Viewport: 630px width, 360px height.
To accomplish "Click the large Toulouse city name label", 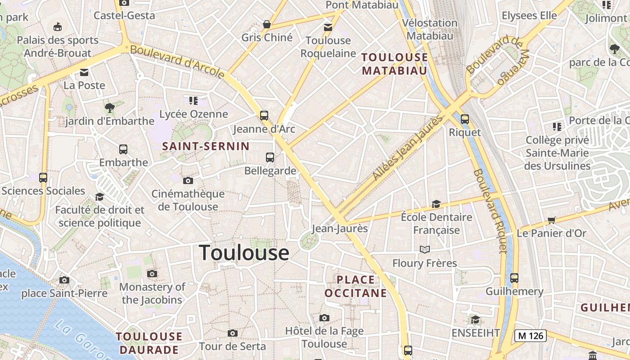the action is (244, 252).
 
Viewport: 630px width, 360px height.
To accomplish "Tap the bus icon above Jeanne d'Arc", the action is (264, 115).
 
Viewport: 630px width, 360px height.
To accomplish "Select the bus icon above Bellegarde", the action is (270, 157).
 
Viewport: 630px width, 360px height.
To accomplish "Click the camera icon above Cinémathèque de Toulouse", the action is (188, 181).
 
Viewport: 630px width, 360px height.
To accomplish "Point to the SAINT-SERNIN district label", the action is (206, 146).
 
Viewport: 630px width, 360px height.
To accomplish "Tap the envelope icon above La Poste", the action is (84, 72).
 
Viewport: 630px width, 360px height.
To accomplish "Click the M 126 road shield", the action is (531, 335).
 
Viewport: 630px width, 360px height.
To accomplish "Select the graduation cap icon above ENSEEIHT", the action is (475, 319).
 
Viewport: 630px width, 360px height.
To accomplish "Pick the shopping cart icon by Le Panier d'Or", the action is (552, 220).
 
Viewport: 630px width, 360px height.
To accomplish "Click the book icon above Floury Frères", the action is (424, 249).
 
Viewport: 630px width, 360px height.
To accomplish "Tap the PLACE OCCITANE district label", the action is (355, 287).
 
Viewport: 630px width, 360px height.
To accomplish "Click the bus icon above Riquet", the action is (465, 119).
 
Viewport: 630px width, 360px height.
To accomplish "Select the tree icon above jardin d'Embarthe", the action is (109, 108).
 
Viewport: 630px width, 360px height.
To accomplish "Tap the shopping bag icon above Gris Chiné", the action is (267, 24).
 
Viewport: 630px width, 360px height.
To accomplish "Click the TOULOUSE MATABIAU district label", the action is (395, 64).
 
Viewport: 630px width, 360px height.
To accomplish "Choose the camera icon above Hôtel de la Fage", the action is (324, 318).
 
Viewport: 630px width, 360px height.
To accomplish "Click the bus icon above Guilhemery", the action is (514, 278).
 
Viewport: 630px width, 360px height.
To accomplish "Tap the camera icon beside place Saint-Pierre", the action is (64, 280).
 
